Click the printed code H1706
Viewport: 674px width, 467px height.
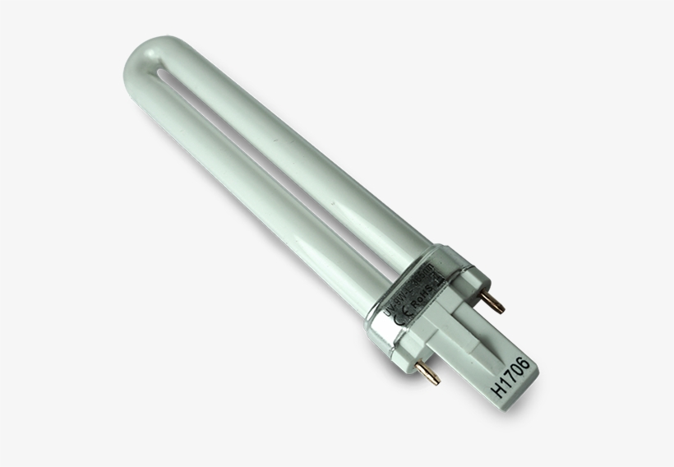coord(512,373)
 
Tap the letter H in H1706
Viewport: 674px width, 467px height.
coord(498,392)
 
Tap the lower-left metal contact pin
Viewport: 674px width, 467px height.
coord(429,375)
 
